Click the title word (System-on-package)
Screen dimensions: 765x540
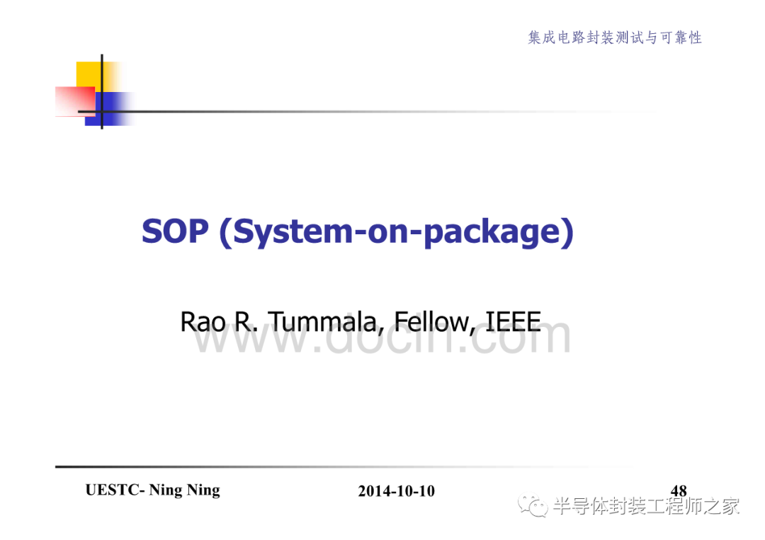tap(397, 232)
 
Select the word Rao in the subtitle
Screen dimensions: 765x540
tap(203, 322)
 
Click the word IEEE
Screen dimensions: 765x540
tap(514, 321)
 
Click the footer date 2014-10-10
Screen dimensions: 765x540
tap(396, 490)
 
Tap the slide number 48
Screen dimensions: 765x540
tap(679, 490)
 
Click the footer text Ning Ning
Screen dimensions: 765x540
tap(184, 490)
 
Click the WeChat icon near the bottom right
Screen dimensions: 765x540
tap(533, 505)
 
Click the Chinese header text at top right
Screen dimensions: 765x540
tap(615, 38)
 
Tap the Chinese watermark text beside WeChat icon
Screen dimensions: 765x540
tap(647, 506)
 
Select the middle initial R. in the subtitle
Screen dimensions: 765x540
tap(246, 322)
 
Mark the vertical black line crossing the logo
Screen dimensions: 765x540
tap(102, 91)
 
